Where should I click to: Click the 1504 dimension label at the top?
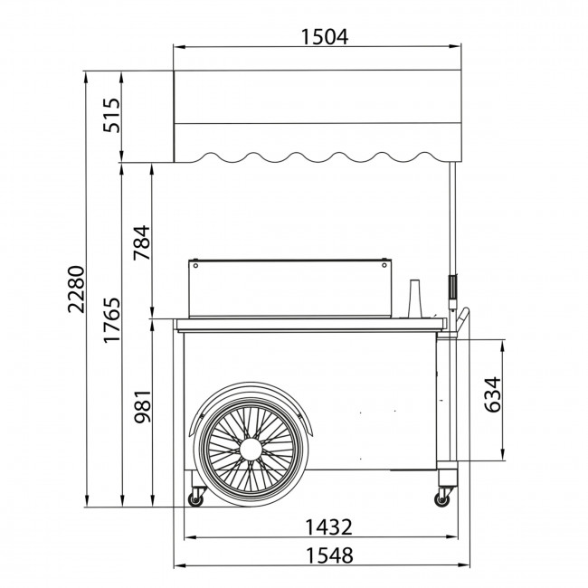[x=325, y=37]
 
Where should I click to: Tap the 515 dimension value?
[x=112, y=115]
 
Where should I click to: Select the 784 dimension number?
[x=142, y=242]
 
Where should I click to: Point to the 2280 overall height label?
[x=76, y=289]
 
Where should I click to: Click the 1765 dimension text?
[x=112, y=320]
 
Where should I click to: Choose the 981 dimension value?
[x=143, y=407]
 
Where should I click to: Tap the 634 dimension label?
[x=492, y=394]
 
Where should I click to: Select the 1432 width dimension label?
[x=329, y=526]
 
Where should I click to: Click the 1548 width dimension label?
[x=330, y=555]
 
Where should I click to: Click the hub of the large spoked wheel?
[x=251, y=449]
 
